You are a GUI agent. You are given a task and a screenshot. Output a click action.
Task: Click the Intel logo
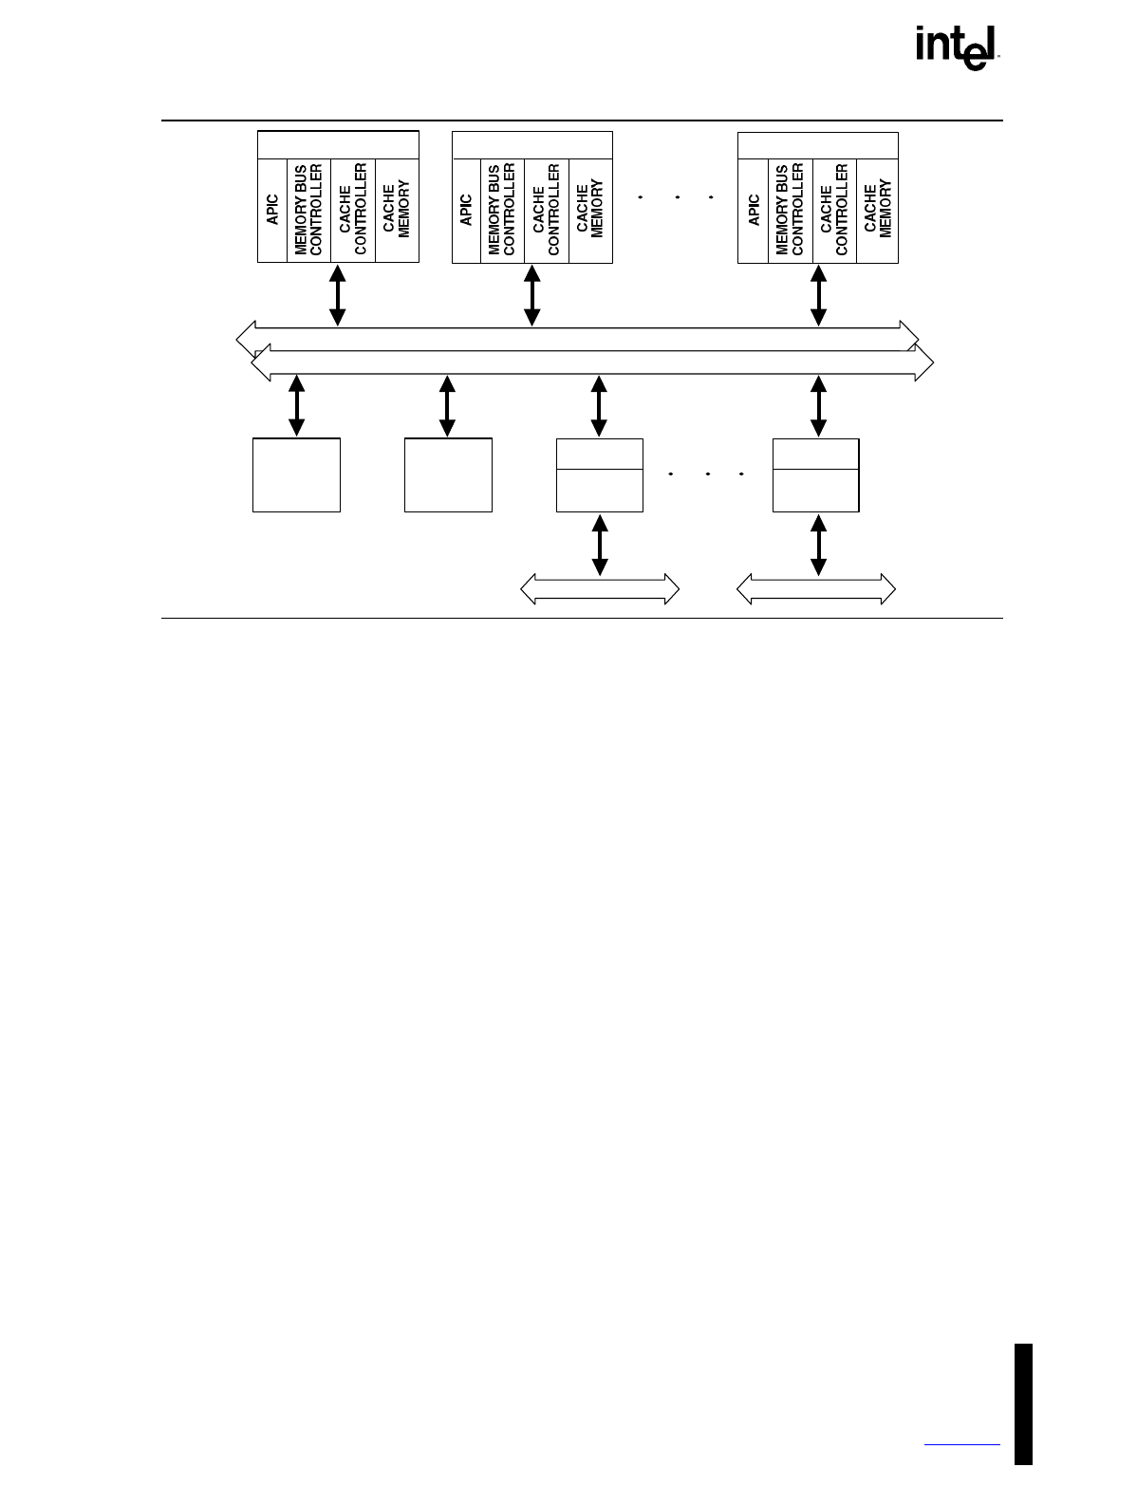click(x=958, y=47)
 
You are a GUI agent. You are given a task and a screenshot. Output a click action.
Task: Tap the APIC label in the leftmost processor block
click(x=273, y=210)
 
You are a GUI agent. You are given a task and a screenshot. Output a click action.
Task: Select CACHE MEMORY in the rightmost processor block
click(x=878, y=210)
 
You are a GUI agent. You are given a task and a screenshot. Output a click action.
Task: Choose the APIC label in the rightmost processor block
click(x=755, y=210)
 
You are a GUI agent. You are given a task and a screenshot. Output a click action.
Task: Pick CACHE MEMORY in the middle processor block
click(x=590, y=210)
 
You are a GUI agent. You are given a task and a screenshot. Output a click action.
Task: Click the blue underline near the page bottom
click(x=961, y=1445)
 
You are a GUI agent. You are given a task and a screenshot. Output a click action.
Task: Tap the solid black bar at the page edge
click(x=1023, y=1403)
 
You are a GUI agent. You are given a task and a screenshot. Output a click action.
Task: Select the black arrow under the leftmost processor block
click(x=337, y=295)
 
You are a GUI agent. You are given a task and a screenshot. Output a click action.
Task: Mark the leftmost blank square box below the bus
click(x=296, y=475)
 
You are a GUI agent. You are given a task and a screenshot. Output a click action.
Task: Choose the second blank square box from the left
click(x=448, y=475)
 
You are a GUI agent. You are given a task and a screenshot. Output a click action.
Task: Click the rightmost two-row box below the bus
click(x=816, y=475)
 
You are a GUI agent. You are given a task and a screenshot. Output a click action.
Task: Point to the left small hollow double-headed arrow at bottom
click(x=600, y=588)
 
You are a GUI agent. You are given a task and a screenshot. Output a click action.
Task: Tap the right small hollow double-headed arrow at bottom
click(x=816, y=588)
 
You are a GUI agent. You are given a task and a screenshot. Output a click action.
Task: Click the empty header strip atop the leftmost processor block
click(x=338, y=145)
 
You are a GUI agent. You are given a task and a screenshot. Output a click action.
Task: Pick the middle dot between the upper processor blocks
click(x=677, y=197)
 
